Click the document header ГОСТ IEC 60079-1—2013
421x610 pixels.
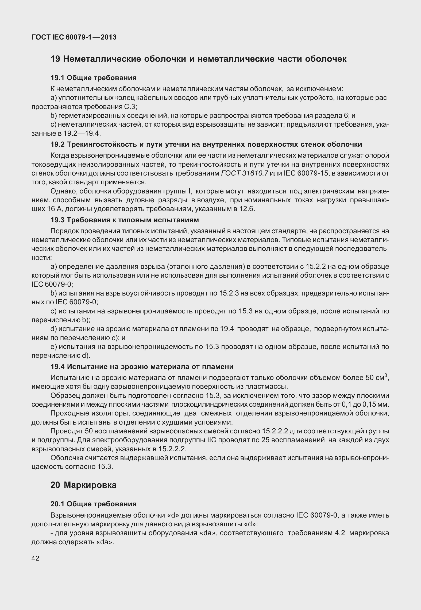click(74, 37)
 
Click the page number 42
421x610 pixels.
click(35, 558)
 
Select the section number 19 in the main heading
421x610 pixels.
click(55, 59)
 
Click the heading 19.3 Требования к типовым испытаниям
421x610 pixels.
click(125, 220)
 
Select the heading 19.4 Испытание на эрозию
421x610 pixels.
click(142, 367)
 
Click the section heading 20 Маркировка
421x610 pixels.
click(83, 485)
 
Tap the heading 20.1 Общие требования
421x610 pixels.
click(93, 504)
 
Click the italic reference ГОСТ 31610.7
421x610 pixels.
click(245, 173)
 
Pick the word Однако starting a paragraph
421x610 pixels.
click(63, 191)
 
